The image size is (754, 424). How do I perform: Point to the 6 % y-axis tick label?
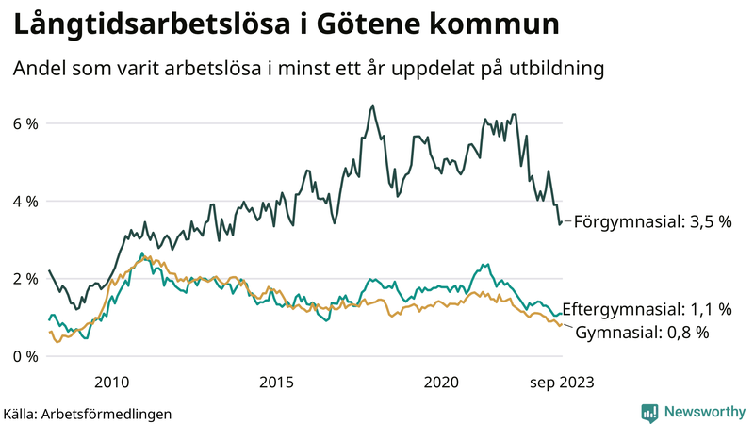pos(25,123)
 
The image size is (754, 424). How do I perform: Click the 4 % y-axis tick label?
pos(25,202)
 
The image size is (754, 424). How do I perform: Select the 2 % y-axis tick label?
pos(25,279)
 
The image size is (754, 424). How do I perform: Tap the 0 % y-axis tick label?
pos(25,357)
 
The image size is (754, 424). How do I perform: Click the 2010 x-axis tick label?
pos(111,382)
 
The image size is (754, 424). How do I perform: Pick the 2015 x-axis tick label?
pos(276,382)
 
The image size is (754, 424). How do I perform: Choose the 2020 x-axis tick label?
pos(441,382)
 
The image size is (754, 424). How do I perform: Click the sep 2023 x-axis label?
pos(562,382)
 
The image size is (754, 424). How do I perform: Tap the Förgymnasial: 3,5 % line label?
pos(652,222)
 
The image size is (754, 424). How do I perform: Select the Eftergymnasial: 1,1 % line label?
pos(652,309)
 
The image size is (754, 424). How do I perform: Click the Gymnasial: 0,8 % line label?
pos(641,332)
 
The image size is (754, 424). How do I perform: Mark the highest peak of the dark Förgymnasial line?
pos(372,106)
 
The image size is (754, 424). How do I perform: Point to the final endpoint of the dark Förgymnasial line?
pos(562,222)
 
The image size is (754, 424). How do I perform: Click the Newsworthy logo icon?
pos(649,412)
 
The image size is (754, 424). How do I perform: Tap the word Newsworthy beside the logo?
pos(702,412)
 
